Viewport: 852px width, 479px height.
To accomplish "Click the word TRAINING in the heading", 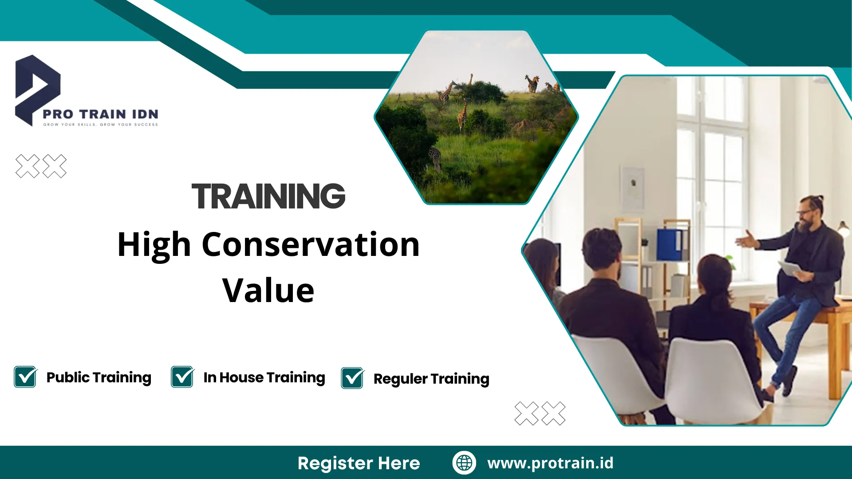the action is click(268, 196).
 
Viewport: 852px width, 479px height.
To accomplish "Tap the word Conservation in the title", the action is click(311, 244).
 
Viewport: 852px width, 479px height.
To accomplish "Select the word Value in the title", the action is click(268, 291).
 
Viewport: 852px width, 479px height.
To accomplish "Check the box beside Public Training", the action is click(25, 377).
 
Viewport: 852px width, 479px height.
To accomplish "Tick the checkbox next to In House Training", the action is click(182, 377).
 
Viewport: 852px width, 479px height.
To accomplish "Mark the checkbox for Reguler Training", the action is click(353, 378).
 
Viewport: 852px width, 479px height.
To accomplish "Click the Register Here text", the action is click(359, 463).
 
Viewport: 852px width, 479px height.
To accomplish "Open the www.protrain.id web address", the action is click(550, 463).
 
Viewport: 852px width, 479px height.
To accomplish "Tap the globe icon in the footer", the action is click(464, 463).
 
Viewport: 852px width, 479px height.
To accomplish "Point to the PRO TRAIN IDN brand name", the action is click(100, 114).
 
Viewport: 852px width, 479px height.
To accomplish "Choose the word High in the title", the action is click(154, 244).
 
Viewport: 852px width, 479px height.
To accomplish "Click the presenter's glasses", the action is click(805, 212).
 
